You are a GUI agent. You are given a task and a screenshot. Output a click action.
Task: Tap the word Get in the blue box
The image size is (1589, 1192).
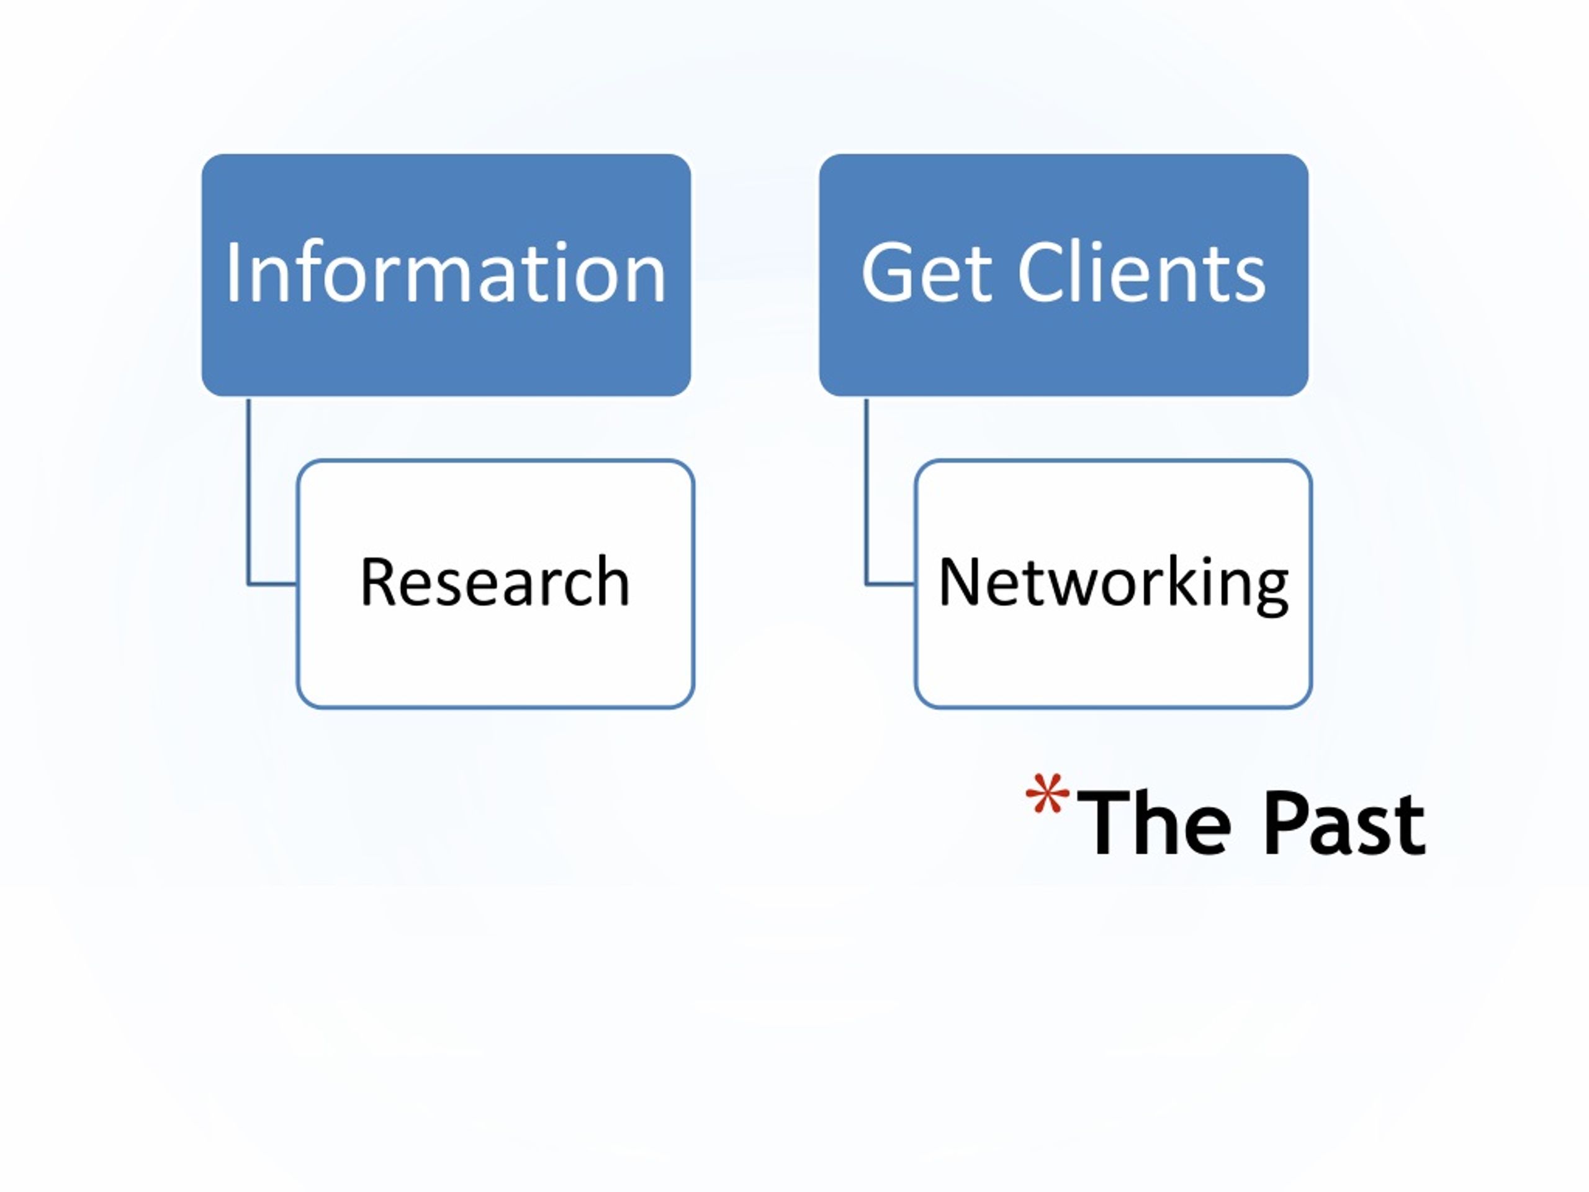pos(927,273)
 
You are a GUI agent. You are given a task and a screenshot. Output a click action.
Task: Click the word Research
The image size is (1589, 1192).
pos(495,581)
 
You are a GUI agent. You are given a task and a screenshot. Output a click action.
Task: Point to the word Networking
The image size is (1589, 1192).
pos(1114,585)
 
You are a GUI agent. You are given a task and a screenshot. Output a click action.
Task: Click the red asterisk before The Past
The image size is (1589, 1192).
pos(1047,793)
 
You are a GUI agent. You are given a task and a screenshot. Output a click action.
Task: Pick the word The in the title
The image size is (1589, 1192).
pos(1154,823)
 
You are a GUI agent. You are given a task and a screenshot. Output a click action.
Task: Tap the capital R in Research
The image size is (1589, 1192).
pos(378,582)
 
